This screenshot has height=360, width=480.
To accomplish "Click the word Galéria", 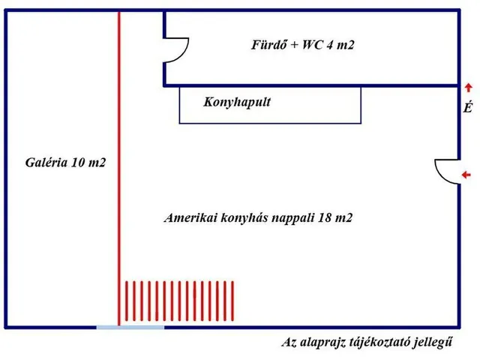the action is coord(46,162).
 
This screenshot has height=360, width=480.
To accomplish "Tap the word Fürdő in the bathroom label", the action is coord(265,45).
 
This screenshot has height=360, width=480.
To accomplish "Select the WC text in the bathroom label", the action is coord(313,45).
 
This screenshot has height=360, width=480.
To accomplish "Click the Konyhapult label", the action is coord(237,102).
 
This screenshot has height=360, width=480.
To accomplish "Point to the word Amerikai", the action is coord(190,217).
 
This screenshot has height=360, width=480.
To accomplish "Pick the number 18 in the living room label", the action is coord(325,217).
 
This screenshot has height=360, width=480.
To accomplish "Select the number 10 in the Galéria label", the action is coord(78,162).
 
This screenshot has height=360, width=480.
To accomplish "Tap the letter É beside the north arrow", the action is coord(467,106).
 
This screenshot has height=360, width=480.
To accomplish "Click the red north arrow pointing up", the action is coord(468,88).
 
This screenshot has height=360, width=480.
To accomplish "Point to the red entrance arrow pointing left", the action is coord(466,175).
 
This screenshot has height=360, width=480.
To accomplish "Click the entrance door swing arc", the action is coord(440,175).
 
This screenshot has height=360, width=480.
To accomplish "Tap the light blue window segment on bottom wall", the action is coord(130,327).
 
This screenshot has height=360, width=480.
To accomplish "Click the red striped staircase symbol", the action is coord(179,301).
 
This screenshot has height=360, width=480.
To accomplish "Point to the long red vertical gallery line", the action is coord(119,168).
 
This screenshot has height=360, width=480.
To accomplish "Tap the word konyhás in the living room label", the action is coord(244,218).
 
